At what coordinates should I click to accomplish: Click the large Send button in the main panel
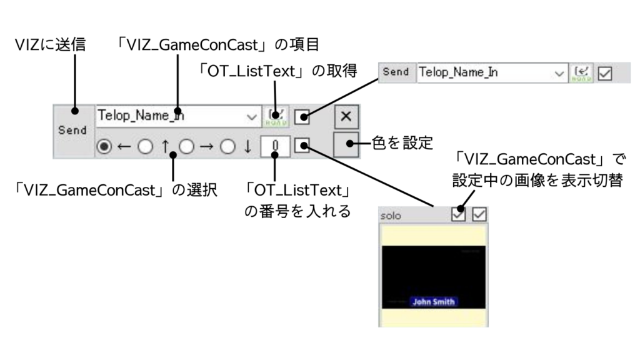(73, 131)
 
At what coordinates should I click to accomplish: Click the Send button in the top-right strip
(396, 72)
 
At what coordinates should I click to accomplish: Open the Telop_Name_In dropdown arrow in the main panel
(252, 116)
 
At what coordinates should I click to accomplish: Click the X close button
(347, 116)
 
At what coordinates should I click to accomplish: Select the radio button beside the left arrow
(104, 147)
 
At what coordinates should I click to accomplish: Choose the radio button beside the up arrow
(145, 147)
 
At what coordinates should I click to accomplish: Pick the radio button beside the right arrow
(186, 147)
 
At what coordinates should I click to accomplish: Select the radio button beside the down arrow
(227, 147)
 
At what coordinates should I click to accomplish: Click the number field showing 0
(276, 147)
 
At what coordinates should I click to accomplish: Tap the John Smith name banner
(433, 301)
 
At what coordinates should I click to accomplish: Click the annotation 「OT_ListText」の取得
(277, 71)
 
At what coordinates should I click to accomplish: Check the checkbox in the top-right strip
(604, 72)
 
